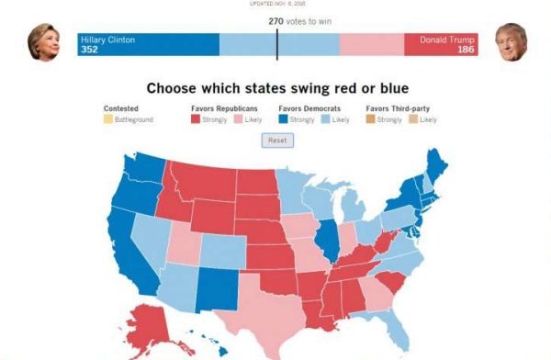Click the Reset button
[276, 140]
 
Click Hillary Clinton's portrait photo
[42, 42]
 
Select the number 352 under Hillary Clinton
[89, 50]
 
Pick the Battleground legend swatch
[107, 120]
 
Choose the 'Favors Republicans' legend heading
[224, 109]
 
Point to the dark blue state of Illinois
[325, 241]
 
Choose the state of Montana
[202, 181]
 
